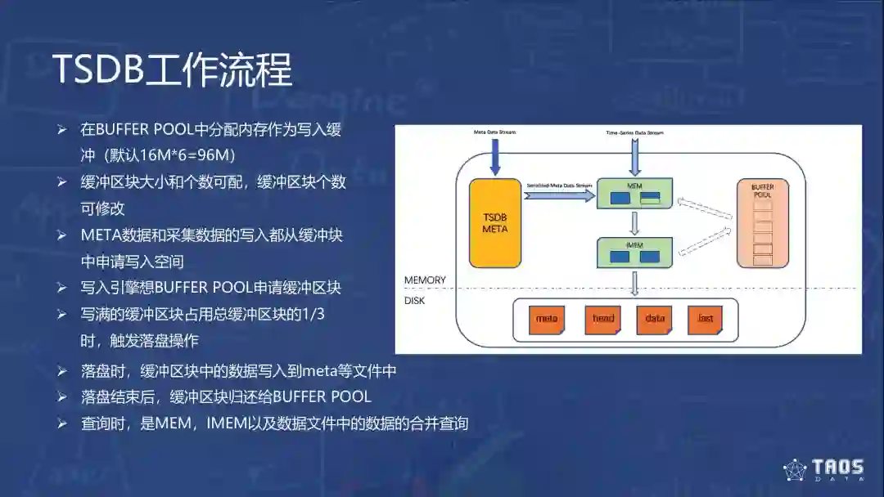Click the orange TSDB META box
(495, 223)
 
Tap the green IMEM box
(634, 253)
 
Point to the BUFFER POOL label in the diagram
(762, 191)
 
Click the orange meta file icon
(546, 319)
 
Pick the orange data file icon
(654, 319)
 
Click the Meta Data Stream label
(495, 132)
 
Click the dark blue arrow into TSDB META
(495, 156)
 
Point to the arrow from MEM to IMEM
(634, 223)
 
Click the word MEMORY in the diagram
(425, 280)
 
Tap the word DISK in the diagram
(415, 300)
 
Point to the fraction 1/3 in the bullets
(312, 314)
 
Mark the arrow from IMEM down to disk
(634, 283)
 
